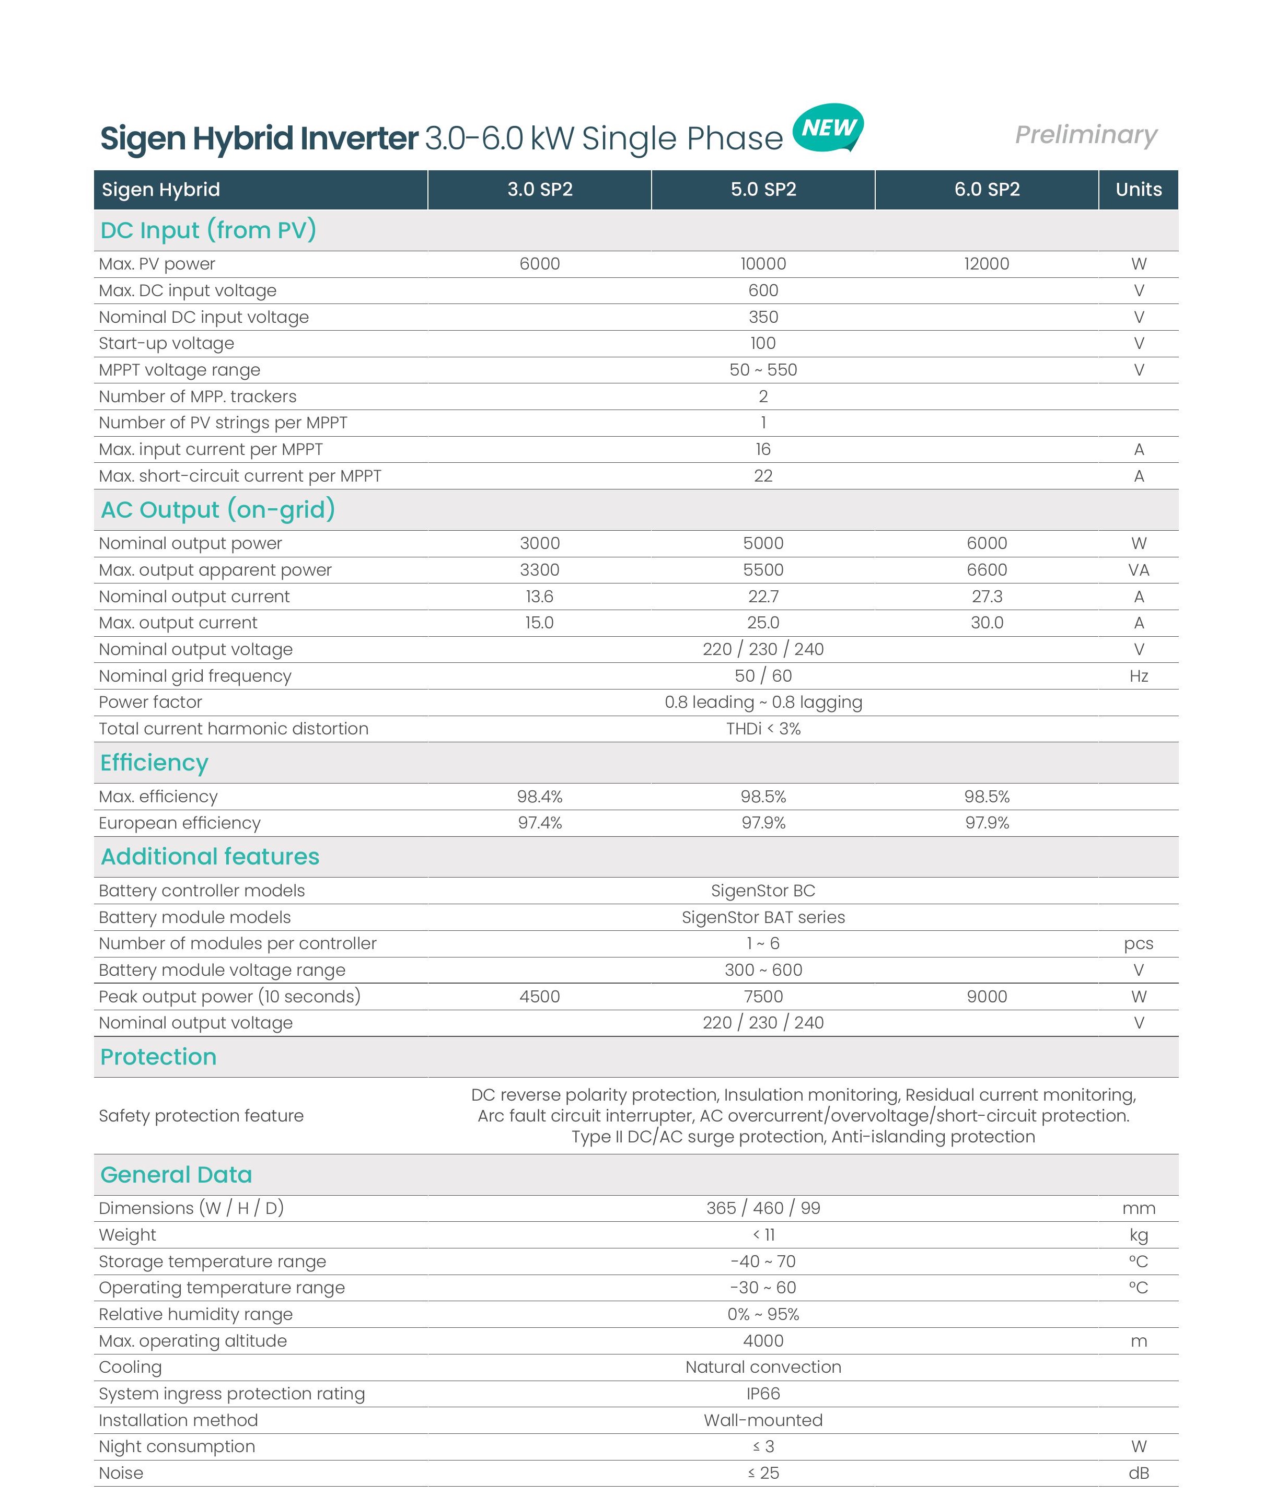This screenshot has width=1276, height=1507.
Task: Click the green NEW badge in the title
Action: (828, 128)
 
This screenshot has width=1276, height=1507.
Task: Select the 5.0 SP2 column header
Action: (763, 190)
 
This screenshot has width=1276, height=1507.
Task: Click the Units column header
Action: (1138, 190)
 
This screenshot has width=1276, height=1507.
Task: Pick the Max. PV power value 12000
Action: (986, 264)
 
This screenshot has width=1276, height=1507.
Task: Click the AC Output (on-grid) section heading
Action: (218, 509)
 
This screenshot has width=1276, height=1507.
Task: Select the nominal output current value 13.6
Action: (540, 597)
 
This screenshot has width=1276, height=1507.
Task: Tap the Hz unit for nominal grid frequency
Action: (1139, 676)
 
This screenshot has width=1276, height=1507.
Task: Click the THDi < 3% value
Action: (763, 729)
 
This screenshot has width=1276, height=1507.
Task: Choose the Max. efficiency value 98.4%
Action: (540, 797)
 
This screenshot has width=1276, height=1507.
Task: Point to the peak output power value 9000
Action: (987, 997)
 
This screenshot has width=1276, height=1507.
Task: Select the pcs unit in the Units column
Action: (1139, 944)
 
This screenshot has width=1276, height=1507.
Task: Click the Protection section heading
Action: (158, 1057)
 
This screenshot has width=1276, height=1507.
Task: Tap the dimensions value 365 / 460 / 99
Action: (763, 1208)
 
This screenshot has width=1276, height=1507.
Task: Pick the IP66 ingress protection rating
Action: (763, 1394)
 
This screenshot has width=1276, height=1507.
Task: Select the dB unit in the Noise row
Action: (1139, 1473)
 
